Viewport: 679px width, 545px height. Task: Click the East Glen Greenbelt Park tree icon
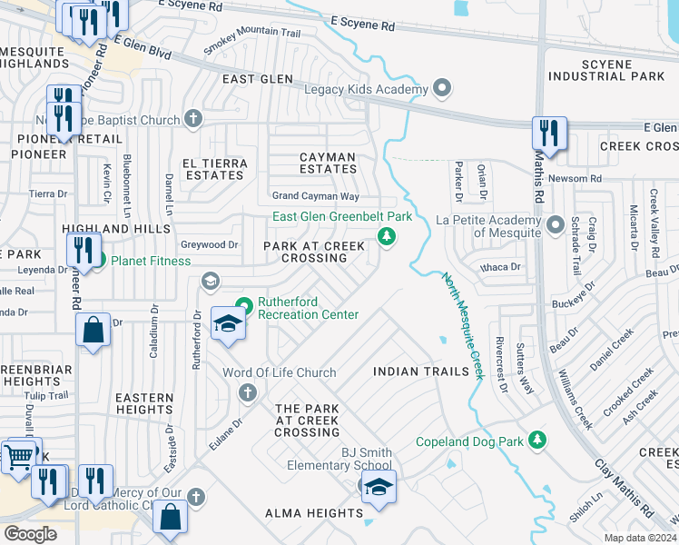(x=387, y=238)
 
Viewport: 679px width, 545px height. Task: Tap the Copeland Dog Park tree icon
(x=538, y=440)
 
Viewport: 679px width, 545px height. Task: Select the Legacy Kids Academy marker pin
(x=442, y=89)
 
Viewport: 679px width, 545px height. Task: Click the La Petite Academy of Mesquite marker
(x=556, y=223)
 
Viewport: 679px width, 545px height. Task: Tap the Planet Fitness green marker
(x=100, y=262)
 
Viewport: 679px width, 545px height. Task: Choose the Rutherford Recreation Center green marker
(x=243, y=305)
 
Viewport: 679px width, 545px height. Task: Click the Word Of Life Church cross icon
(x=245, y=392)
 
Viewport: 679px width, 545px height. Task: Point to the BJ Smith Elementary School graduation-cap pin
(x=379, y=488)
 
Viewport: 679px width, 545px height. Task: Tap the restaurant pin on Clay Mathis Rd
(x=549, y=133)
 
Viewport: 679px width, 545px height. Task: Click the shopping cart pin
(x=19, y=455)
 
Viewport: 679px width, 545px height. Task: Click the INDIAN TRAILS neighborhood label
(x=420, y=372)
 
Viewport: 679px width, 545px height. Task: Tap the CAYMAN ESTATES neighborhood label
(x=329, y=163)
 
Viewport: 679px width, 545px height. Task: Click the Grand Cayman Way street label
(x=316, y=196)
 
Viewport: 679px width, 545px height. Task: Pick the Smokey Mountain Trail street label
(x=252, y=43)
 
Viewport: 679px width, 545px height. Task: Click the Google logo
(x=30, y=533)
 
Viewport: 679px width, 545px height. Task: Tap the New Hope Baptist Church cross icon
(x=192, y=118)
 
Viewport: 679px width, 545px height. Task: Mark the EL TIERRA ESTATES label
(x=212, y=169)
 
